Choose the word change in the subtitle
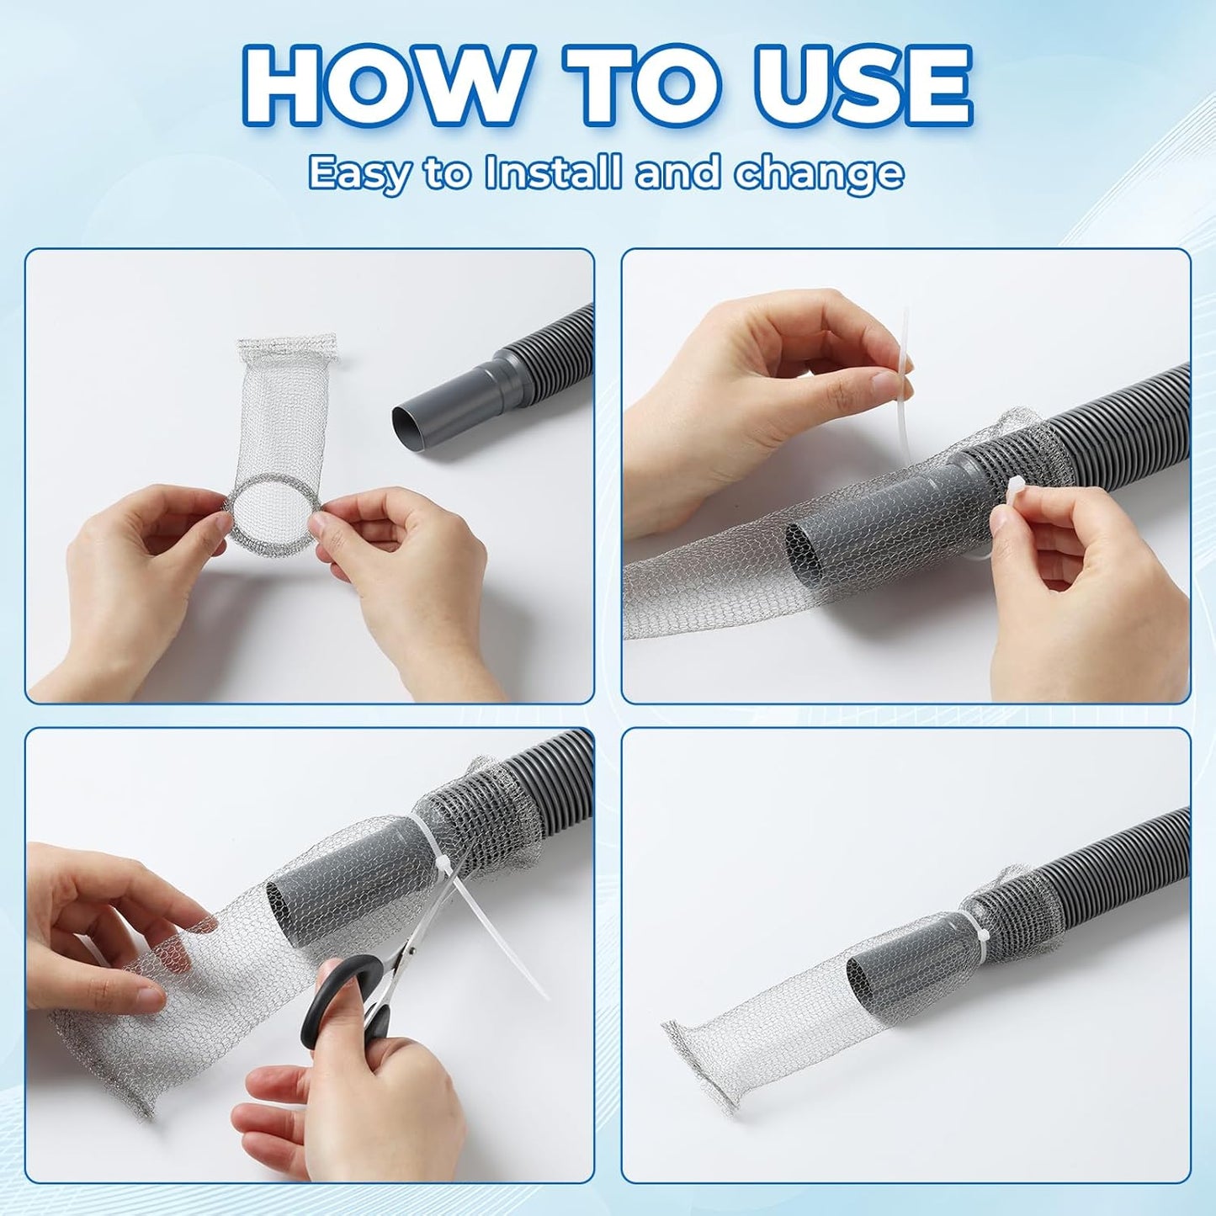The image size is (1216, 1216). point(819,173)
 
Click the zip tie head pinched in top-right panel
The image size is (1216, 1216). point(1007,491)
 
